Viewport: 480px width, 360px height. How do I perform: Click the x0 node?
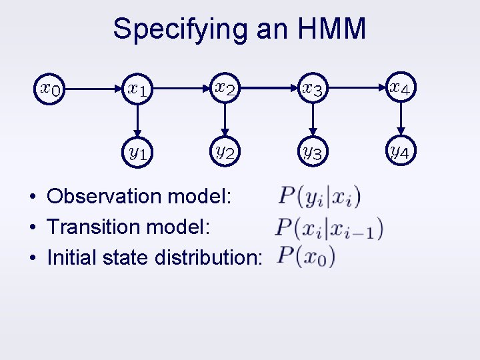click(51, 87)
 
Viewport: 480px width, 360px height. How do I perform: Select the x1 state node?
click(139, 87)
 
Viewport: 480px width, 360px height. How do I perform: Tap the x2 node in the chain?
click(225, 87)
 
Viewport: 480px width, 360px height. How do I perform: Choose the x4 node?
click(401, 87)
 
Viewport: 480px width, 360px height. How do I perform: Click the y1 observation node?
click(139, 153)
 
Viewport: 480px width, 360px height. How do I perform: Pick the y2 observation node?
click(225, 153)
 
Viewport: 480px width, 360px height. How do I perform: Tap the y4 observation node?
click(401, 153)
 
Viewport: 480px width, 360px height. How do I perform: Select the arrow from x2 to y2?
click(225, 121)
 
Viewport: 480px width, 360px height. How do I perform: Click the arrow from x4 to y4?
click(401, 121)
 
